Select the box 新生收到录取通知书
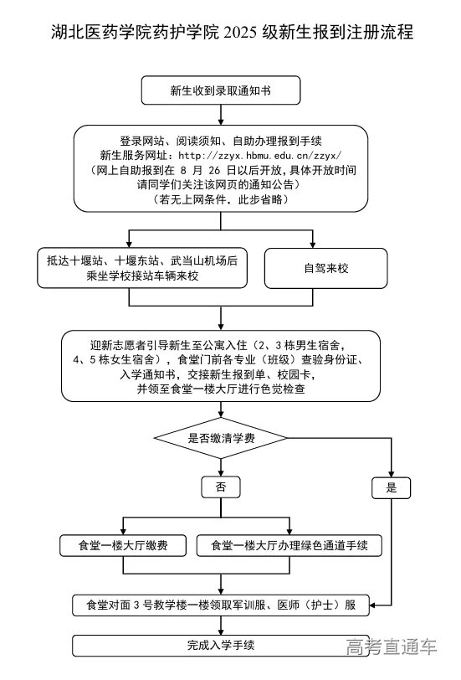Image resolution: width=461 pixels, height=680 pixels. [x=221, y=89]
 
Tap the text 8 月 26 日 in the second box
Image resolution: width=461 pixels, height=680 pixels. [x=205, y=170]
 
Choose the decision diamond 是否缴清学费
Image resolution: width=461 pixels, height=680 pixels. [x=221, y=438]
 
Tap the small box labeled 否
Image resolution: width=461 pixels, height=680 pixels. [x=221, y=487]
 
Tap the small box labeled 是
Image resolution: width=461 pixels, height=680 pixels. [x=391, y=487]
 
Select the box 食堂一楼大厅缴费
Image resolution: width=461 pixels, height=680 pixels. [x=124, y=546]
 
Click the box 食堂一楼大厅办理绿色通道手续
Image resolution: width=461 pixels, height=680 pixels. [x=289, y=546]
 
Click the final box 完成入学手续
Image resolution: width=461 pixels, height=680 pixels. [x=221, y=646]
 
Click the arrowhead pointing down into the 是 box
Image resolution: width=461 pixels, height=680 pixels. [x=391, y=472]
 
